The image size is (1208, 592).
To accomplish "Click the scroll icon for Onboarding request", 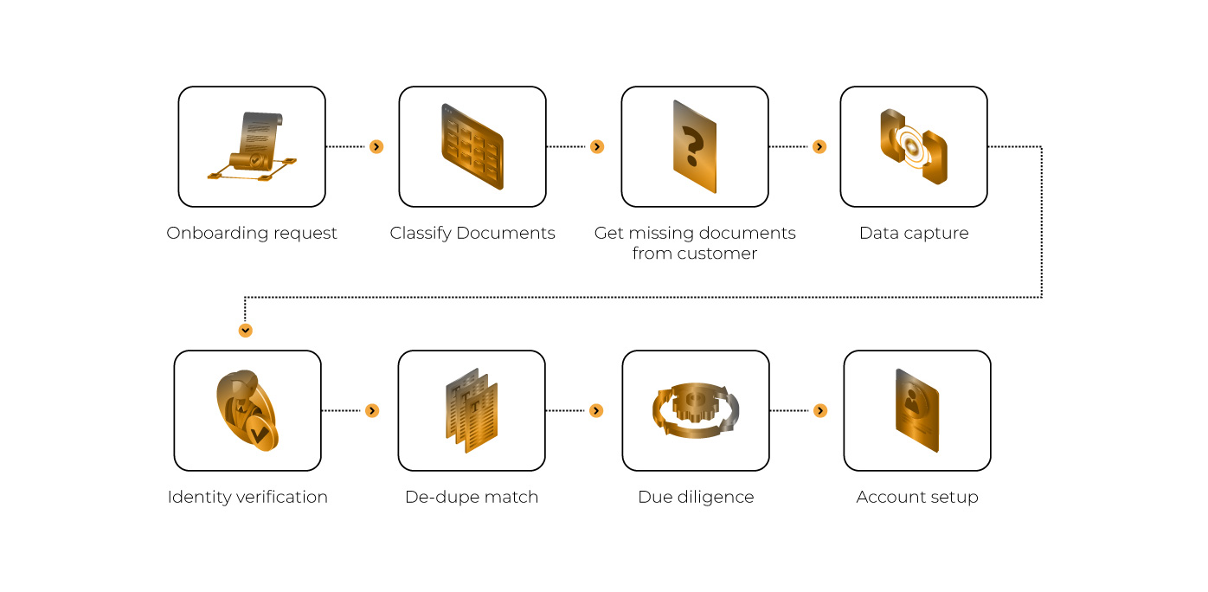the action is pos(253,146).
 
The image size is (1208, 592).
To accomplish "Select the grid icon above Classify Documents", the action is pos(472,146).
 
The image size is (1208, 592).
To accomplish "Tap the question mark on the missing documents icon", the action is pos(693,146).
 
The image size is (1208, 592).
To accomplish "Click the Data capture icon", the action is pos(914,146).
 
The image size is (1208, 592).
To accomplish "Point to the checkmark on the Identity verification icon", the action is pos(260,434).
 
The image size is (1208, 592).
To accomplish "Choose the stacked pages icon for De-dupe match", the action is pos(472,410).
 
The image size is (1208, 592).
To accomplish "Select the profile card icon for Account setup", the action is pos(917,410).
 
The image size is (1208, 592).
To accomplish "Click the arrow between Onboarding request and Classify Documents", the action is pos(376,146).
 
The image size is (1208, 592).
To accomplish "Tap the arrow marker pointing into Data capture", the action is pos(819,146).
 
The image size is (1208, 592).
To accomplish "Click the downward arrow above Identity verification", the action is pos(246,330).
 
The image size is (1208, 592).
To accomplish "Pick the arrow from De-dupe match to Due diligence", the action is pos(596,411).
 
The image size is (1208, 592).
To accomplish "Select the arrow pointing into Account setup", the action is pos(820,411).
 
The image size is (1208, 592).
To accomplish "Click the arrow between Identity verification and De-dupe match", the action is pos(372,411).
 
